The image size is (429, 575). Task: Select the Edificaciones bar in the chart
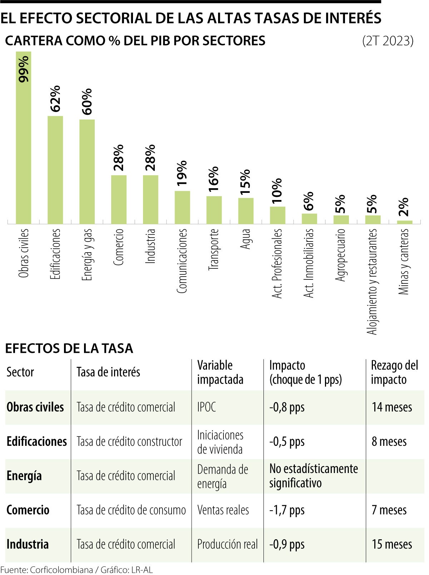coord(55,170)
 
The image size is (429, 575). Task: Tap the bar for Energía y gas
coord(87,172)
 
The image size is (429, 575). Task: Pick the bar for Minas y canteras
coord(404,222)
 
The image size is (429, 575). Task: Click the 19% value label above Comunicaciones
coord(182,173)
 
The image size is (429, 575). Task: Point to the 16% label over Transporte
coord(214,179)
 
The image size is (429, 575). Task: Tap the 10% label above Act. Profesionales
coord(277,191)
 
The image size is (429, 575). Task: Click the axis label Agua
coord(246,239)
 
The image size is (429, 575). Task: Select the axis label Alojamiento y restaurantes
coord(373,282)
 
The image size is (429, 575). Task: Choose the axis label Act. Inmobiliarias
coord(309,263)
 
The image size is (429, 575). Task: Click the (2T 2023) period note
coord(388,41)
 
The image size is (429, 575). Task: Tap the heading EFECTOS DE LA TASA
coord(69,348)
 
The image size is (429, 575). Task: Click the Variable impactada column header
coord(220,372)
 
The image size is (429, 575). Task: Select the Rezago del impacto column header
coord(394,372)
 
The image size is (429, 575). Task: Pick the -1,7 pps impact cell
coord(287,510)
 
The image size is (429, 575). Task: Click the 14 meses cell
coord(392,407)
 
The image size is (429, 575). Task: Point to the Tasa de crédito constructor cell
coord(129,441)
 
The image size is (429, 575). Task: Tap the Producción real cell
coord(227,544)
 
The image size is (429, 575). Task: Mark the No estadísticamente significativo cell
coord(314,476)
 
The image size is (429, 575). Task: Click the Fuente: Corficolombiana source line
coord(77,570)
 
